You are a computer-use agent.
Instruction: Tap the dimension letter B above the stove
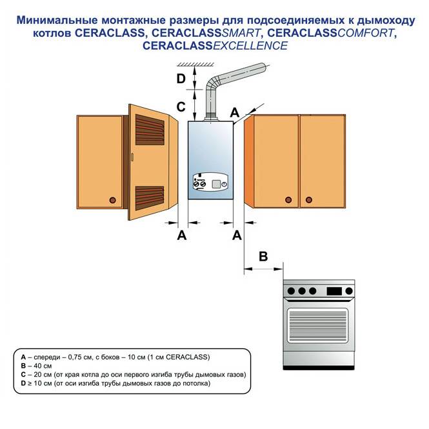point(263,256)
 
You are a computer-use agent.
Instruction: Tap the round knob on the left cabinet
point(114,199)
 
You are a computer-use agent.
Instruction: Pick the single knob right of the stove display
point(349,290)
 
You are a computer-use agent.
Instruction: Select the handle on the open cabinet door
point(132,157)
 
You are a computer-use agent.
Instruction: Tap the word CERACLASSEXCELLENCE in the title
point(215,46)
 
